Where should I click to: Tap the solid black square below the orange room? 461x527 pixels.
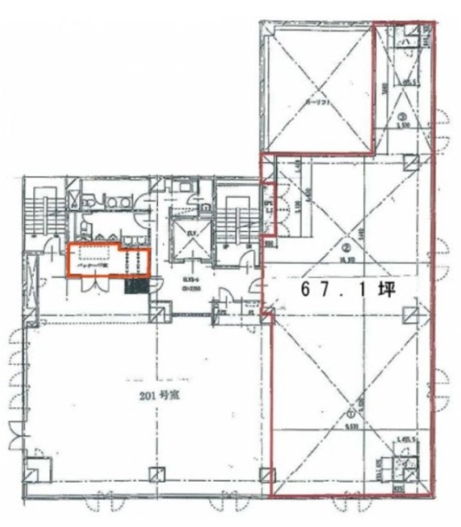[x=136, y=287]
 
